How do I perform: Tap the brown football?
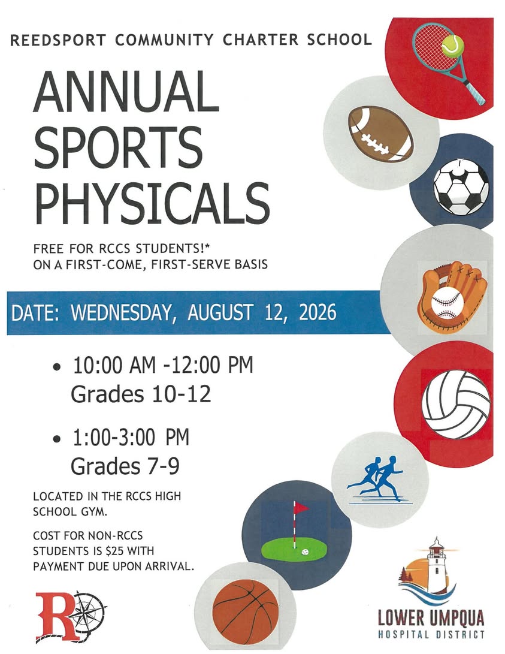tap(381, 134)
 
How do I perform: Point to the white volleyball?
tap(456, 405)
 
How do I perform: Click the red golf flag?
tap(301, 508)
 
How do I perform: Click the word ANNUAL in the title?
tap(125, 92)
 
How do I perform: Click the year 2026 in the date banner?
tap(317, 312)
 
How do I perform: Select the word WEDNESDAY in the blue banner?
tap(121, 313)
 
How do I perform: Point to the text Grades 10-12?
tap(141, 394)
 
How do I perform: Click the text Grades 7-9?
tap(125, 466)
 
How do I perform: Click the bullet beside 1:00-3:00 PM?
tap(57, 439)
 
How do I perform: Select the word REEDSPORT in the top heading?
tap(58, 40)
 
